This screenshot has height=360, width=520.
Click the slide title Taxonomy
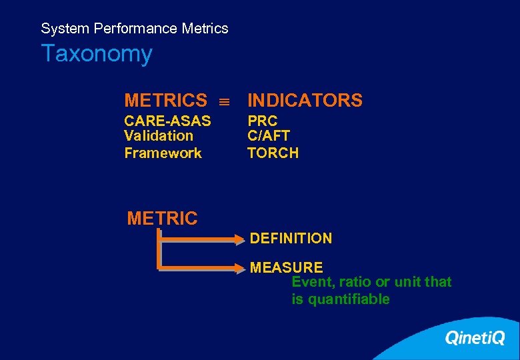97,53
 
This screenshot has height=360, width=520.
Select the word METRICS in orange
165,101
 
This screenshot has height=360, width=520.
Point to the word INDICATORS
305,101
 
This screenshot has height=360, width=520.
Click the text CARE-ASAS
167,121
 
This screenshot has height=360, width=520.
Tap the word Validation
159,136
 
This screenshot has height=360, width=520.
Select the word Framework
163,153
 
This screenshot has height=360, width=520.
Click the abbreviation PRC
262,121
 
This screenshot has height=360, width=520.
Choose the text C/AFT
269,136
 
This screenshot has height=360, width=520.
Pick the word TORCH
273,153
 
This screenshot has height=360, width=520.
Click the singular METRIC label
162,218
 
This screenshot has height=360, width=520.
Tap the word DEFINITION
291,238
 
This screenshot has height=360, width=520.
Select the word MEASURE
286,267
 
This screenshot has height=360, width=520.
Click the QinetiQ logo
475,338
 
